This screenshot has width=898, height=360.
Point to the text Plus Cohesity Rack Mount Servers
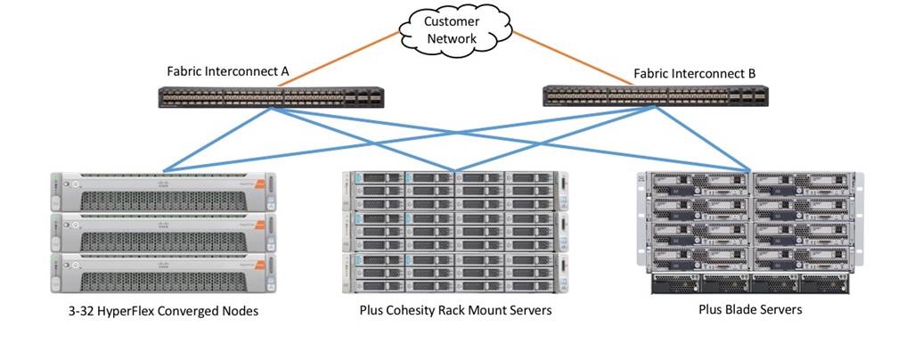pos(455,311)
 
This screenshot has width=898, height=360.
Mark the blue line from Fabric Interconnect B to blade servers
pos(704,138)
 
